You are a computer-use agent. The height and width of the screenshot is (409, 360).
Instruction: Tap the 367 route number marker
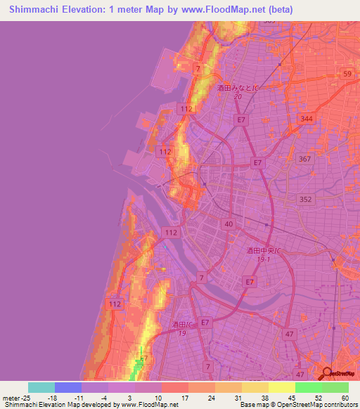pyautogui.click(x=304, y=159)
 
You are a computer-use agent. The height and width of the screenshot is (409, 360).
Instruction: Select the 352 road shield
pyautogui.click(x=304, y=199)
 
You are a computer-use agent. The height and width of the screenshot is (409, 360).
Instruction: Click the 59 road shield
pyautogui.click(x=346, y=74)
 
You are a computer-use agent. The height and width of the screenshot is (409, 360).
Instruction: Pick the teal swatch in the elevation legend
pyautogui.click(x=41, y=387)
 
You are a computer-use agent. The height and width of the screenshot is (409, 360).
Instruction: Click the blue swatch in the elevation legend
pyautogui.click(x=68, y=387)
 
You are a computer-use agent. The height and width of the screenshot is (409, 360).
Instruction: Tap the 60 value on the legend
pyautogui.click(x=345, y=398)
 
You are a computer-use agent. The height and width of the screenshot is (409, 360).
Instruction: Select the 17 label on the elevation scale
pyautogui.click(x=166, y=398)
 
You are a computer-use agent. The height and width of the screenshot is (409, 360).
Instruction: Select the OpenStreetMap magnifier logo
pyautogui.click(x=327, y=374)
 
